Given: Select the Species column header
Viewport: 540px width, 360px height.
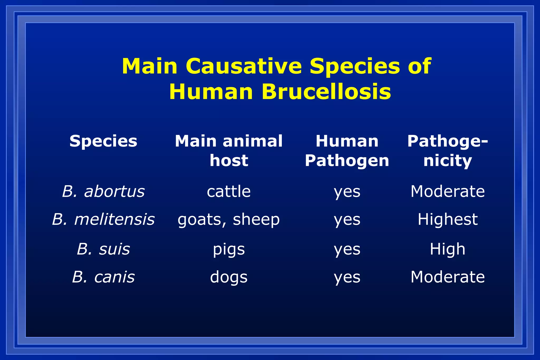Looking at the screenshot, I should (103, 141).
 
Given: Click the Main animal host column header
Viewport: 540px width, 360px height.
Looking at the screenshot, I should (229, 151).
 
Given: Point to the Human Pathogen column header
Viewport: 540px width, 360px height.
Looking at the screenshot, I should (347, 151).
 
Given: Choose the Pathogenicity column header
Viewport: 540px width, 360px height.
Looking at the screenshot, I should (447, 151).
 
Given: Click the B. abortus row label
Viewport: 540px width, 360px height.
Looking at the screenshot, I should (103, 191).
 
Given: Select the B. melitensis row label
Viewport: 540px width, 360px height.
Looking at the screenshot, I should (103, 219).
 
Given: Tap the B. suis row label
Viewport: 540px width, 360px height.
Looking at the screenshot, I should (103, 249).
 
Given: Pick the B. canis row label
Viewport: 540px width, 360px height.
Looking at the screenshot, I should (103, 277).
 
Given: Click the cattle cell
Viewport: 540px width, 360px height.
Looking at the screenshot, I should (229, 191).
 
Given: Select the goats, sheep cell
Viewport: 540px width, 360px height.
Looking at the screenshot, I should (229, 220).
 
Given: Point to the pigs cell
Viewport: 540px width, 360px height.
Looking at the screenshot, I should (229, 249).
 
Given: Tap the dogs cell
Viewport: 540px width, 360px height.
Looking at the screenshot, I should (229, 277).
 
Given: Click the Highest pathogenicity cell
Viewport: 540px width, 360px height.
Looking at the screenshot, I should (447, 219).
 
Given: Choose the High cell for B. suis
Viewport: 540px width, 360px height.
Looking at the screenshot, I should (447, 249).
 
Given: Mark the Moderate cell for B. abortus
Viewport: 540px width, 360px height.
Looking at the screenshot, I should (447, 191).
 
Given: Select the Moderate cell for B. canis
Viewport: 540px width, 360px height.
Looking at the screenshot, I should (447, 277).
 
